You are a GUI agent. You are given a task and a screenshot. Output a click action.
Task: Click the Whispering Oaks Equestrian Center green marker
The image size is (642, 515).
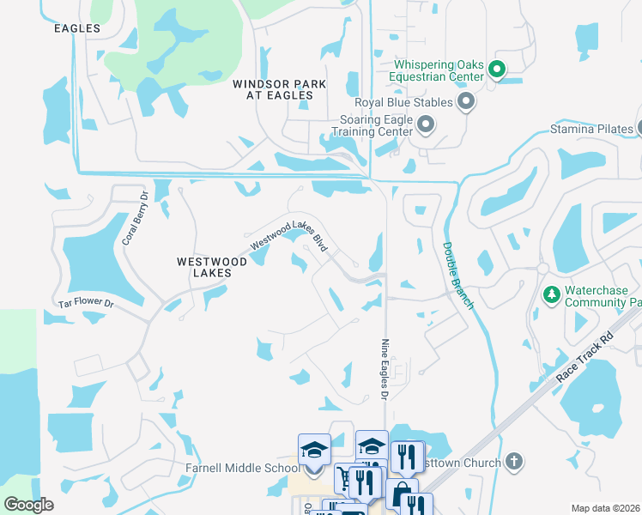click(x=496, y=69)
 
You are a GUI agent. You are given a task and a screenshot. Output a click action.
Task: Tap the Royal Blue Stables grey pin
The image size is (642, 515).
click(x=466, y=103)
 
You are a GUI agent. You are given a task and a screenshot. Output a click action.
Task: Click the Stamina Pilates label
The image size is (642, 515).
click(x=591, y=130)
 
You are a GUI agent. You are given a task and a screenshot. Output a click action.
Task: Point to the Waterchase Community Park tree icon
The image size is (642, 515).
click(x=552, y=295)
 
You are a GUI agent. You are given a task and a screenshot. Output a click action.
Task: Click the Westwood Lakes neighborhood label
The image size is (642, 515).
click(x=212, y=267)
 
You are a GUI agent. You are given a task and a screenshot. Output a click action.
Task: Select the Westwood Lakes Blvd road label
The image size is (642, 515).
click(x=290, y=234)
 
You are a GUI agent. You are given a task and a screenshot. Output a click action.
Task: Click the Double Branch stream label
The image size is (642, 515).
click(x=457, y=275)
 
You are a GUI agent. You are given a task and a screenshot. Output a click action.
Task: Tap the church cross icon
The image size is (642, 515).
click(x=514, y=462)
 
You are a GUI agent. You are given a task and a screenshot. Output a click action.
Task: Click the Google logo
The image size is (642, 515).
click(x=28, y=505)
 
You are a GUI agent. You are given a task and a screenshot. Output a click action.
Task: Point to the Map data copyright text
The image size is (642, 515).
click(x=605, y=508)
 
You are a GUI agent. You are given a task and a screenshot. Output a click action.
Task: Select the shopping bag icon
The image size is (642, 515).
click(x=400, y=494)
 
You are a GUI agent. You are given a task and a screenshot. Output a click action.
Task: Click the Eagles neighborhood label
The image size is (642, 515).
click(x=77, y=28)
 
